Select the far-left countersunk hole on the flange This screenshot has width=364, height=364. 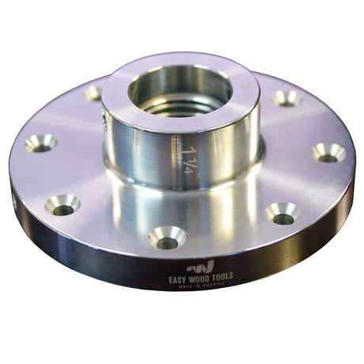click(x=40, y=142)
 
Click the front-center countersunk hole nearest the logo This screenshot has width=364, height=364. click(x=167, y=237)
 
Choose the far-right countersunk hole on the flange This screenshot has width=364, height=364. click(x=328, y=152)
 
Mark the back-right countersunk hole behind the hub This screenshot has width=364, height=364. click(x=286, y=98)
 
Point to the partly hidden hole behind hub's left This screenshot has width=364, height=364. click(x=93, y=93)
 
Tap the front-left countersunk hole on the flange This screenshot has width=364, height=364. click(x=63, y=205)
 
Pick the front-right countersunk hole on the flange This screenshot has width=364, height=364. click(x=282, y=213)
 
